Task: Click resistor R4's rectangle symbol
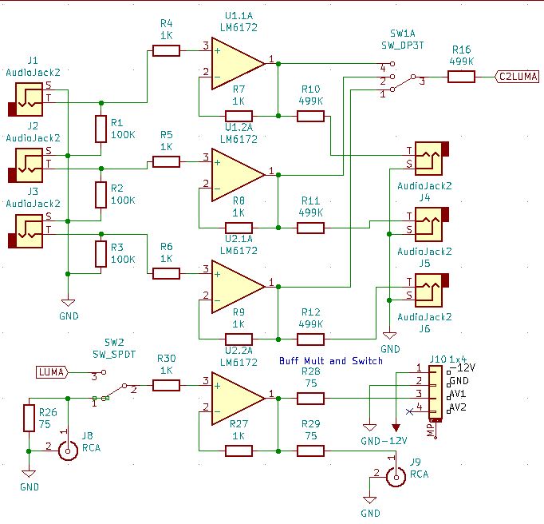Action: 166,51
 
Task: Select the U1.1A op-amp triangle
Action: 238,64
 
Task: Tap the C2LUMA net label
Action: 517,77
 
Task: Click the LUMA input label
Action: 52,372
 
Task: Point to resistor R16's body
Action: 461,77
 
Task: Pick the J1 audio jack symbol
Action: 26,99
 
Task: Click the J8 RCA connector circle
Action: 68,451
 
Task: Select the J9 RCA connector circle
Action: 396,477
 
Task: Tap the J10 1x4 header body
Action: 436,392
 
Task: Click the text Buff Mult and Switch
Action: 331,361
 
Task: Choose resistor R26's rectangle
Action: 30,418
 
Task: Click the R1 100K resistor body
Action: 101,129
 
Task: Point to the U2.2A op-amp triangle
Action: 238,399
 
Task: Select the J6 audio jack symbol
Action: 429,290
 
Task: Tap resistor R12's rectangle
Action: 310,339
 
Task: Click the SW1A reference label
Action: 403,34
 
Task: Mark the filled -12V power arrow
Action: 396,428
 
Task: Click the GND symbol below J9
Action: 370,500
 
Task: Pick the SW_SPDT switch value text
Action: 114,355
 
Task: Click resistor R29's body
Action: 310,451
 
